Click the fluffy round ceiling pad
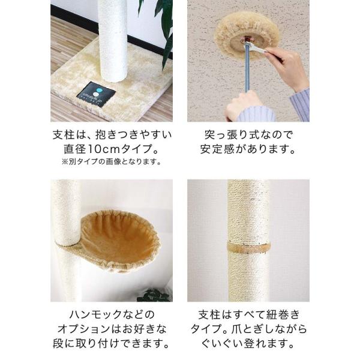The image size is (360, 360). pyautogui.click(x=247, y=34)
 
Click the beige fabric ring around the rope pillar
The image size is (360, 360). pyautogui.click(x=248, y=247)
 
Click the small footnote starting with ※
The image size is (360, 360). pyautogui.click(x=112, y=162)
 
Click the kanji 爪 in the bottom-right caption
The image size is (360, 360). pyautogui.click(x=234, y=329)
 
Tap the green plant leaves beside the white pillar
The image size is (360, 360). pyautogui.click(x=158, y=30)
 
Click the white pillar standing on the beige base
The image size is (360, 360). pyautogui.click(x=113, y=40)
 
